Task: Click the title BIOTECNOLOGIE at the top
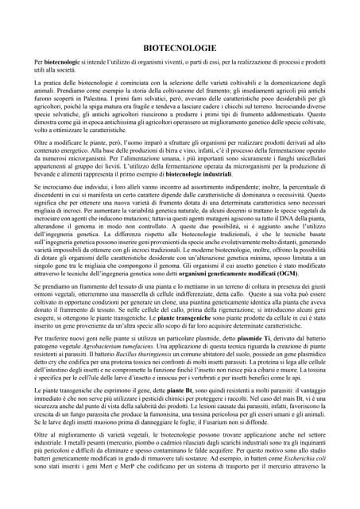click(180, 47)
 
